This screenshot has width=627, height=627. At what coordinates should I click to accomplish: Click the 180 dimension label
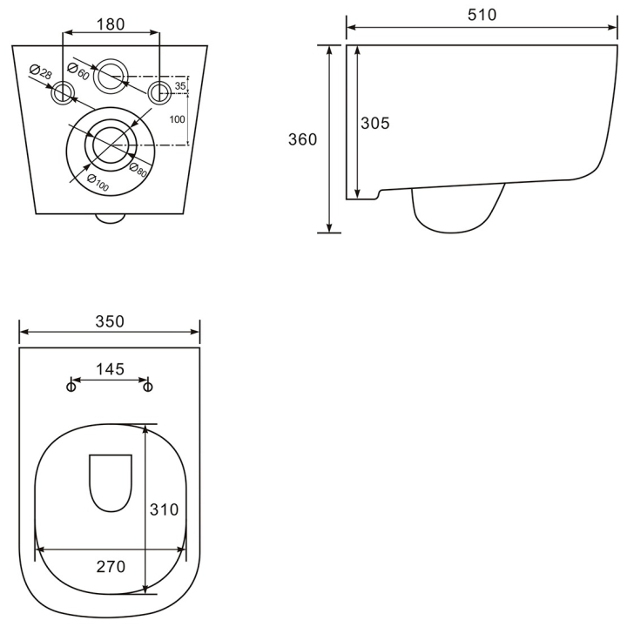111,24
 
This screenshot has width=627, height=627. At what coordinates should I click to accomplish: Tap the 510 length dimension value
482,15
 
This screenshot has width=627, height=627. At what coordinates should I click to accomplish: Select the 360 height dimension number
302,139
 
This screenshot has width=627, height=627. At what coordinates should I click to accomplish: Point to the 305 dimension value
374,123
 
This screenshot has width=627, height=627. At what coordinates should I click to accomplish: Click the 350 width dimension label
110,321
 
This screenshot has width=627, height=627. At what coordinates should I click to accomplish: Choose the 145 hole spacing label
110,369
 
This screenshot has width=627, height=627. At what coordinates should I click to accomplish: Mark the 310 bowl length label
164,509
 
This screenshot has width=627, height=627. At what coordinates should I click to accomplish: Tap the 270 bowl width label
111,567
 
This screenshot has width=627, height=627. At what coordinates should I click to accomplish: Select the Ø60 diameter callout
78,71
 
